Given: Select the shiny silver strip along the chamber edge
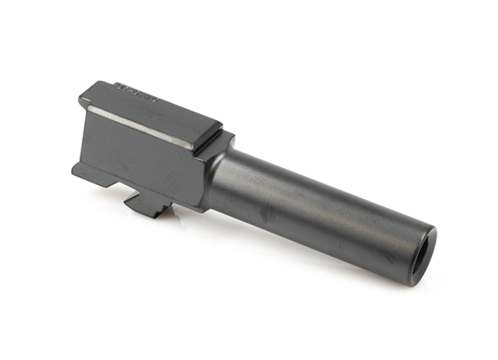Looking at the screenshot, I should click(x=140, y=125).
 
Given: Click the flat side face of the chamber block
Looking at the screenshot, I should click(x=140, y=156).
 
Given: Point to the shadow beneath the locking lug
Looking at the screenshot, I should click(x=156, y=214).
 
